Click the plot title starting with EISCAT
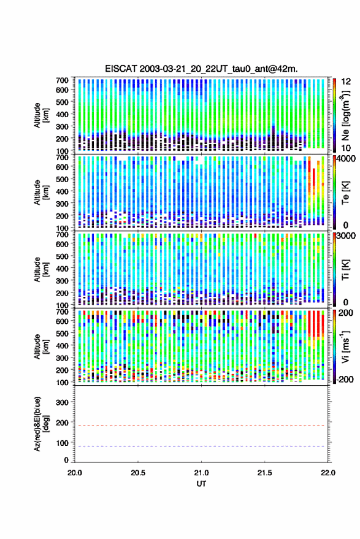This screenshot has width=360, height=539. coord(201,69)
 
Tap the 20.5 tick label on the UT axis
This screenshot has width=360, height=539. coord(138,473)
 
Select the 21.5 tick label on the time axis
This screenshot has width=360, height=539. coord(264,473)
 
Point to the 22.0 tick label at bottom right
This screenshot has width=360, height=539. coord(327,473)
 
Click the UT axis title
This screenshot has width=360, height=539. coord(201,484)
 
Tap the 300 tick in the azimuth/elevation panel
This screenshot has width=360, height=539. coord(62,402)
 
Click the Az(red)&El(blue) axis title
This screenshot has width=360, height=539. coord(41,424)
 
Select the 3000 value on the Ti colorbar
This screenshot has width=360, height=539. coord(346,235)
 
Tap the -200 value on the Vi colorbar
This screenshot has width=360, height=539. coord(345,380)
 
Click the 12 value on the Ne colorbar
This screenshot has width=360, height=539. coord(347,82)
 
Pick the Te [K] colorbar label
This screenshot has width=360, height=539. coord(345,193)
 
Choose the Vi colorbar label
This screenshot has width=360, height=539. coord(345,346)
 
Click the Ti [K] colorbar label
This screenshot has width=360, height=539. coord(345,270)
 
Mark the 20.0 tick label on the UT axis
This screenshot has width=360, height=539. coord(75,473)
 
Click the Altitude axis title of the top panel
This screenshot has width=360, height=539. coord(41,115)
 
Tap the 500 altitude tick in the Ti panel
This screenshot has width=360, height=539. coord(62,256)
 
